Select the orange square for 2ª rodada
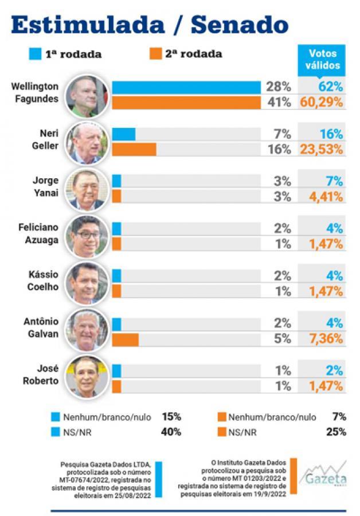tap(155, 54)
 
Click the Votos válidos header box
tap(324, 59)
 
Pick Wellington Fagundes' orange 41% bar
tap(186, 103)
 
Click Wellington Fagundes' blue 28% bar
tap(186, 87)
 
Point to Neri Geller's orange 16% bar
tap(134, 150)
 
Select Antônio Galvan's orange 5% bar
tap(125, 339)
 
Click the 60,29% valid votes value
tap(322, 103)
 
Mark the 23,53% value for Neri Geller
tap(322, 150)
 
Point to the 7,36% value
tap(325, 339)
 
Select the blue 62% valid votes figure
tap(331, 87)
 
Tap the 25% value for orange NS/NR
tap(338, 432)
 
